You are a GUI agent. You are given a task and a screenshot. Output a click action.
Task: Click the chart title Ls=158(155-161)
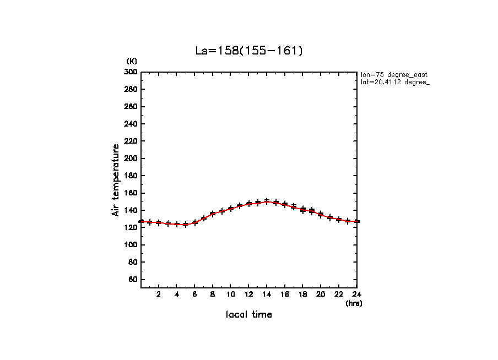(x=249, y=51)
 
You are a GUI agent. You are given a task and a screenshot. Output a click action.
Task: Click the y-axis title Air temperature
(x=116, y=180)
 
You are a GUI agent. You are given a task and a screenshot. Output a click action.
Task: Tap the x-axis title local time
(x=249, y=315)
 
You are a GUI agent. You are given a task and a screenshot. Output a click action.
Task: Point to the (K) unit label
(x=132, y=61)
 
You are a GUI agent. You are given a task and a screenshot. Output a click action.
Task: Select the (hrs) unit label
(x=354, y=303)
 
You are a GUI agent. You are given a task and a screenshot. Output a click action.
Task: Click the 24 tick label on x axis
(x=357, y=294)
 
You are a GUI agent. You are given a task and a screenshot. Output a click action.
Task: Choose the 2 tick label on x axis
(x=159, y=294)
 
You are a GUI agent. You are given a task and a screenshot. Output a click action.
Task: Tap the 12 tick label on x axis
(x=249, y=294)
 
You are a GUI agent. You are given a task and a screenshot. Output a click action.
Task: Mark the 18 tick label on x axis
(x=303, y=294)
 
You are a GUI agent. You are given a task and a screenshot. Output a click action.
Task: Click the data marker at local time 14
(x=267, y=201)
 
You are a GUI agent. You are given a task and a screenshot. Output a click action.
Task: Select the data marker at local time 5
(x=186, y=224)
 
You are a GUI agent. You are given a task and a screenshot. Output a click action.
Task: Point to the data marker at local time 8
(x=213, y=214)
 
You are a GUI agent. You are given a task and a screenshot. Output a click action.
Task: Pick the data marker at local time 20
(x=321, y=214)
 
